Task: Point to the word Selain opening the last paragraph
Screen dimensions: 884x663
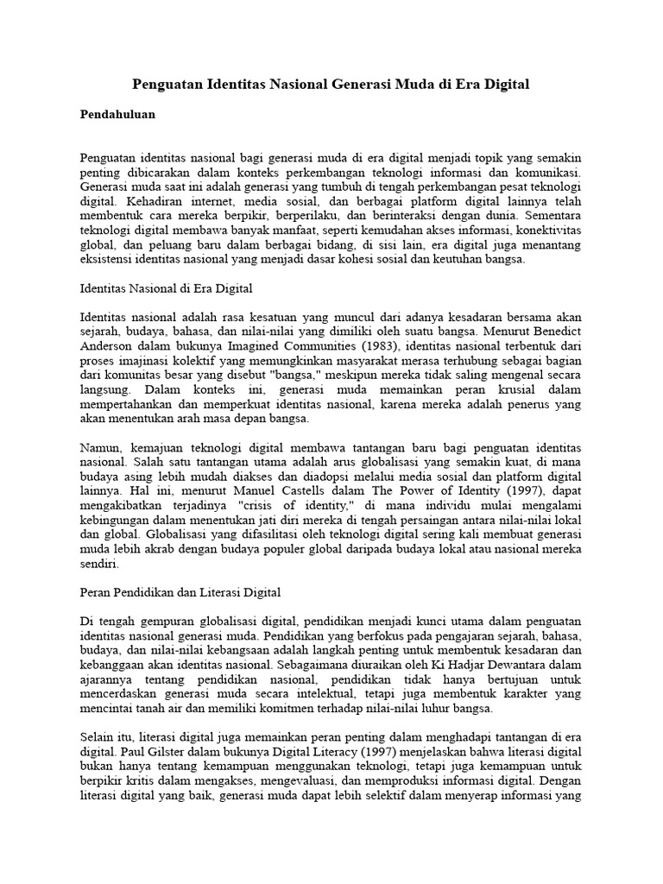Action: point(99,738)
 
